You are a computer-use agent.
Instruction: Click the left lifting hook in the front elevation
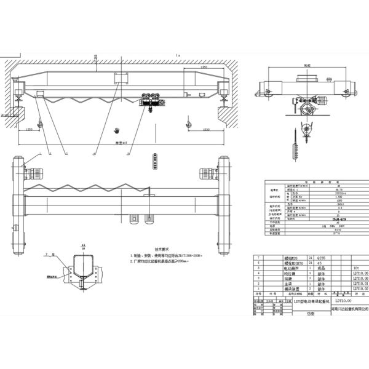(38, 125)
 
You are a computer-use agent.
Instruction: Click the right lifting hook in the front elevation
(188, 125)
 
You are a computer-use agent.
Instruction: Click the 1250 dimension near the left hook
(29, 130)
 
